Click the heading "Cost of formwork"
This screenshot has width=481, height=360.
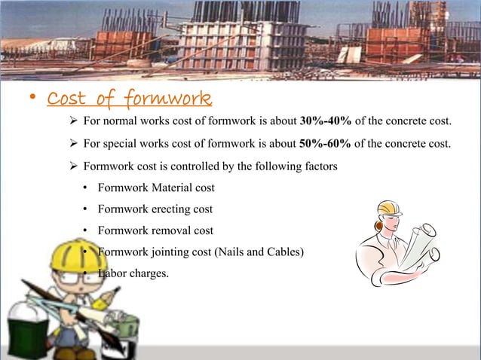pyautogui.click(x=129, y=99)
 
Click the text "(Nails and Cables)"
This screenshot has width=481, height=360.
pyautogui.click(x=259, y=252)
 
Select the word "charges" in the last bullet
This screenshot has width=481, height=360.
pyautogui.click(x=149, y=273)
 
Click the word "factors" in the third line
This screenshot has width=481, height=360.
pyautogui.click(x=319, y=166)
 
